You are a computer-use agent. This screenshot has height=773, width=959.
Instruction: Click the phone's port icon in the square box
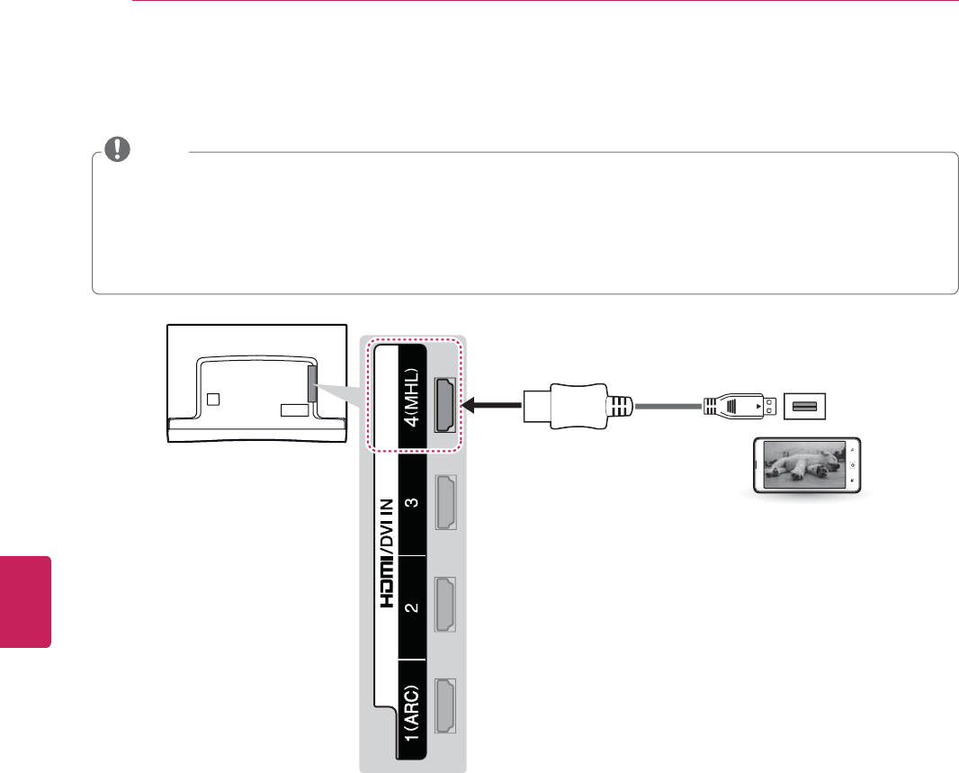[804, 407]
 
